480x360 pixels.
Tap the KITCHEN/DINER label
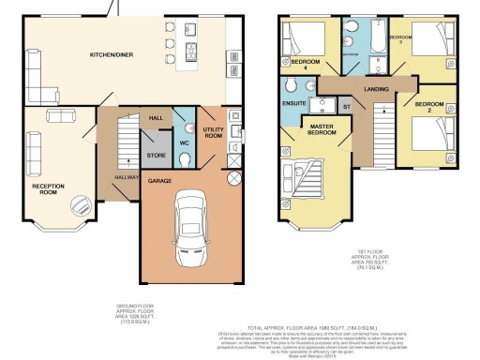(x=108, y=55)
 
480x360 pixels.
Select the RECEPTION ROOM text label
(x=49, y=189)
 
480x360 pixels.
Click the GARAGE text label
(x=157, y=181)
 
